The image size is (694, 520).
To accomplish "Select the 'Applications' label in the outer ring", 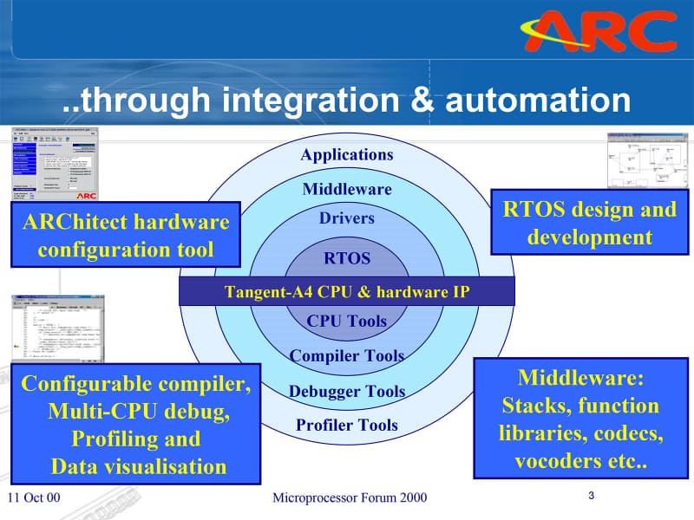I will pos(347,154).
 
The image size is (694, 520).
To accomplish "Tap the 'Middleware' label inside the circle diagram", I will pos(347,189).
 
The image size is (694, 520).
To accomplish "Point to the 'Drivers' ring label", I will pos(347,218).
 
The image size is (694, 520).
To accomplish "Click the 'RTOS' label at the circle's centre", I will pos(347,258).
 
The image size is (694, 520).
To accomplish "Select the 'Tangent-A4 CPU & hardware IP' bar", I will pos(347,292).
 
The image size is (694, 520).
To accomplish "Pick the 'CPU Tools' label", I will pos(347,321).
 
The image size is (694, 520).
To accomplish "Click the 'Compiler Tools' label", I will pos(347,355).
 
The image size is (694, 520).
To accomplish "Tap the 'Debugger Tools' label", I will pos(347,391).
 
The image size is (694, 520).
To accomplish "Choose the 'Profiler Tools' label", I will pos(347,425).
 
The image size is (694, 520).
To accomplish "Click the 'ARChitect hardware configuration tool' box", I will pos(127,237).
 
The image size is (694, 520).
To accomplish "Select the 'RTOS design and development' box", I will pos(590,224).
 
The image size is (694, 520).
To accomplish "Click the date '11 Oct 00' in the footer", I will pos(34,497).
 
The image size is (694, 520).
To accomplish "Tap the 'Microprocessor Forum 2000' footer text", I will pos(350,497).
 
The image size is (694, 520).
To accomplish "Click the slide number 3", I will pos(591,496).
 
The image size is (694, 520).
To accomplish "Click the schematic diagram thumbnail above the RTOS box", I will pos(646,159).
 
